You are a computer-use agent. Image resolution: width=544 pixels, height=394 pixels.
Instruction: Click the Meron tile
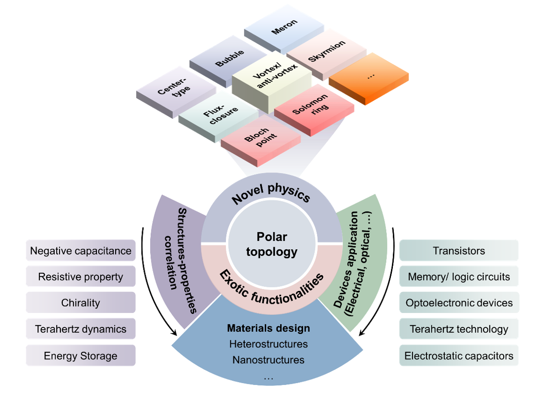(x=284, y=27)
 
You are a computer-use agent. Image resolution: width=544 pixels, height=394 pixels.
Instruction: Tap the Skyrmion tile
(x=326, y=51)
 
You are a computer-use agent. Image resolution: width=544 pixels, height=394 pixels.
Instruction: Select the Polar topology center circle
(x=272, y=244)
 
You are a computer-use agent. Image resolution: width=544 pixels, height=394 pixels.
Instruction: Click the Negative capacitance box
(x=81, y=251)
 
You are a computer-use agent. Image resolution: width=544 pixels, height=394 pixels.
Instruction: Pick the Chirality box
(x=81, y=303)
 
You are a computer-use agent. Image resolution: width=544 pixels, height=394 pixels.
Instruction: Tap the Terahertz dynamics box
(x=81, y=329)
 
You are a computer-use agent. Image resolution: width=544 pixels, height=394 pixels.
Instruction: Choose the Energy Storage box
(x=81, y=356)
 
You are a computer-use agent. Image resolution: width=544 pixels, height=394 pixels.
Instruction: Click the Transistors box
(x=459, y=251)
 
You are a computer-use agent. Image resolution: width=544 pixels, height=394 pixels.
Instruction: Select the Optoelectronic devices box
(x=459, y=303)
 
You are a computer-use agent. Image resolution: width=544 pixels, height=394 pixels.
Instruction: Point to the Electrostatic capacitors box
(x=459, y=356)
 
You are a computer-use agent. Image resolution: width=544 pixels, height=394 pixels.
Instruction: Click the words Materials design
(x=268, y=328)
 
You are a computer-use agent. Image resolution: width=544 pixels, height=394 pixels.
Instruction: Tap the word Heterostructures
(x=268, y=344)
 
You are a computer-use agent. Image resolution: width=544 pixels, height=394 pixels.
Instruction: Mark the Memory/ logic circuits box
(x=459, y=277)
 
